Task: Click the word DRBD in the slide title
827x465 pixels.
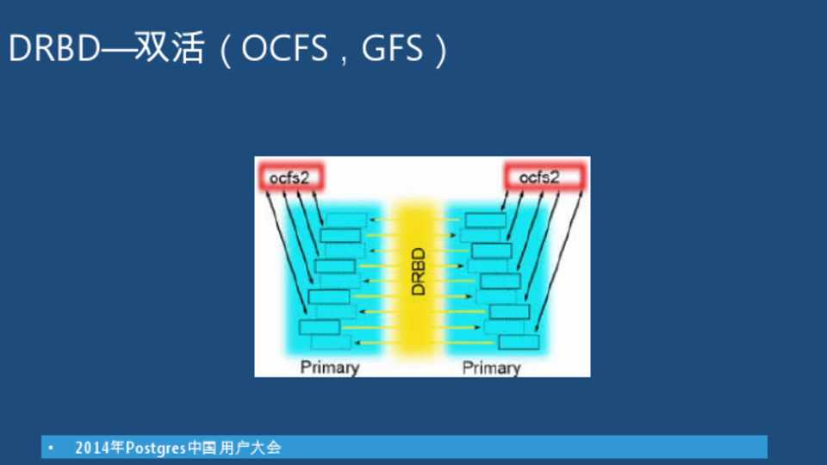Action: click(53, 48)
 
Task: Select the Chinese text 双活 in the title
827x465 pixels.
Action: click(170, 48)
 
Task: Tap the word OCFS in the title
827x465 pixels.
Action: click(284, 48)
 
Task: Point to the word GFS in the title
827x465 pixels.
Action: click(392, 48)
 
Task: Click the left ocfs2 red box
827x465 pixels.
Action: click(290, 177)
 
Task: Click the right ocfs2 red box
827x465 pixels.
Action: click(544, 177)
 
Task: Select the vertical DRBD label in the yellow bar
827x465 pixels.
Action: click(418, 271)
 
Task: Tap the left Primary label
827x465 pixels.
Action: click(330, 367)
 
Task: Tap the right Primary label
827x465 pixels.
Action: click(491, 368)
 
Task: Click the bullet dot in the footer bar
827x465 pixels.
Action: click(51, 448)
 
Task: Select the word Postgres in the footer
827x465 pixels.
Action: click(156, 448)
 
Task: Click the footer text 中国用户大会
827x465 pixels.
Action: click(234, 448)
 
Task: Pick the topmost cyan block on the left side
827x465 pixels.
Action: click(345, 220)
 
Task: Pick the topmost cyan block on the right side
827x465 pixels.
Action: click(485, 220)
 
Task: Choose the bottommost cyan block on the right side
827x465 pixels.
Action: click(519, 342)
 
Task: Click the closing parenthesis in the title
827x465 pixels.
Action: click(441, 50)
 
